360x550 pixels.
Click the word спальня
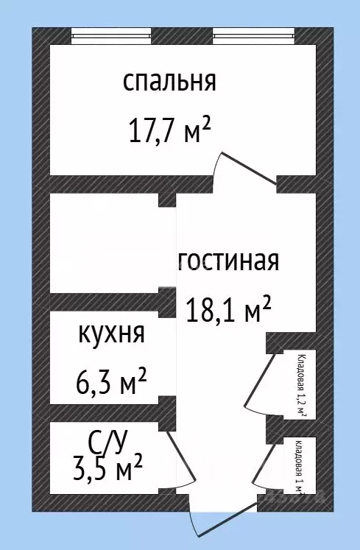169,81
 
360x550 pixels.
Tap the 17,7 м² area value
169,132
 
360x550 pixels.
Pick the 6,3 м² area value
111,383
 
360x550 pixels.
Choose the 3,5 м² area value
110,468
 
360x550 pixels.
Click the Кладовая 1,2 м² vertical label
302,385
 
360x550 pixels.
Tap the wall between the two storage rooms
291,428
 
